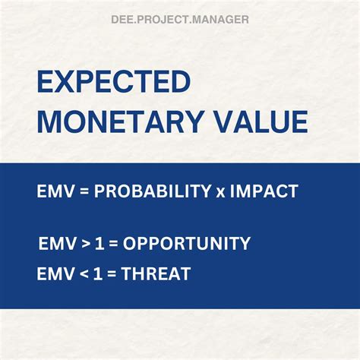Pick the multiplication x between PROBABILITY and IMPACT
click(219, 193)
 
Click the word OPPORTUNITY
click(187, 244)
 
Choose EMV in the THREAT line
click(55, 273)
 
